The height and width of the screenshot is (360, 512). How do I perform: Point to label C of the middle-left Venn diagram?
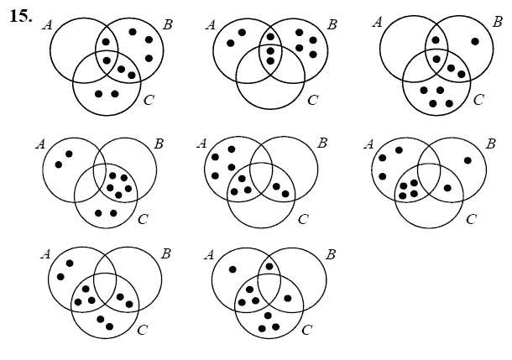pos(142,219)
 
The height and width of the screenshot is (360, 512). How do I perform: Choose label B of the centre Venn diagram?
pos(321,142)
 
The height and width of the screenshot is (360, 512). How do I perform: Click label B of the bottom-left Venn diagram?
pos(165,252)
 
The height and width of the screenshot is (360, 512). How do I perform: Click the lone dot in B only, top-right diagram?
pos(475,41)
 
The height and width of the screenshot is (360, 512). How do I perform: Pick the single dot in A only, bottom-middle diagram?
pos(232,269)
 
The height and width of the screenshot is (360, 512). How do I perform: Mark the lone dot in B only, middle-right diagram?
pos(468,160)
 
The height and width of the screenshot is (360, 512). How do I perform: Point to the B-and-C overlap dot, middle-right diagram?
pos(447,187)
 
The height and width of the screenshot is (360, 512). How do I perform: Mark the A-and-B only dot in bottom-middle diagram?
pos(269,267)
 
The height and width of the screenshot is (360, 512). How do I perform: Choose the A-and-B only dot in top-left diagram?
pos(106,41)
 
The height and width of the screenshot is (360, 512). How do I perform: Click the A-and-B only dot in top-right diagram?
pos(435,39)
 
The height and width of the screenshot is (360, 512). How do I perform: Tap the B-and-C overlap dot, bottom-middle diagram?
pos(288,298)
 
